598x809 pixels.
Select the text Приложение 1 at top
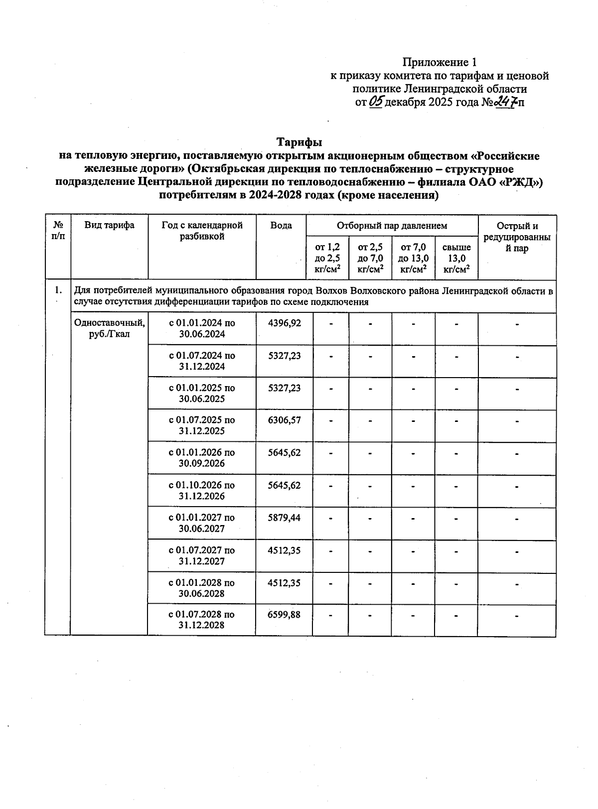click(440, 63)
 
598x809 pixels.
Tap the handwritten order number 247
click(507, 102)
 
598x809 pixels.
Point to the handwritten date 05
click(377, 102)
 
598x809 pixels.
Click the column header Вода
click(281, 226)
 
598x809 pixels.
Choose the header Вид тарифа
click(109, 225)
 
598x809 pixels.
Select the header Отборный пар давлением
click(392, 226)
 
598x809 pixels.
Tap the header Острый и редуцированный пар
click(517, 237)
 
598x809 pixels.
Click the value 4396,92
click(285, 323)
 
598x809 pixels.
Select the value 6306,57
click(285, 420)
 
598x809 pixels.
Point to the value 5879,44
click(285, 518)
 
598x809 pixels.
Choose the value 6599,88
click(285, 615)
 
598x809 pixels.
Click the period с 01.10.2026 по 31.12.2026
click(202, 490)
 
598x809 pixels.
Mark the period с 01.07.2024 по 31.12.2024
click(202, 361)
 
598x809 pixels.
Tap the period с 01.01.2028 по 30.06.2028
click(202, 588)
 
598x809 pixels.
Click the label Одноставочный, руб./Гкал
click(110, 328)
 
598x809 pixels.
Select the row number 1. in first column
click(58, 289)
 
